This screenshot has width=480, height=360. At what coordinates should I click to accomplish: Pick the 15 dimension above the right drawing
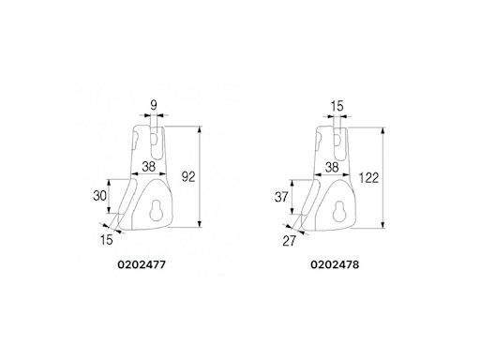(337, 107)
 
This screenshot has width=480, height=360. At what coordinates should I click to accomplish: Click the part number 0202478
(336, 265)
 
